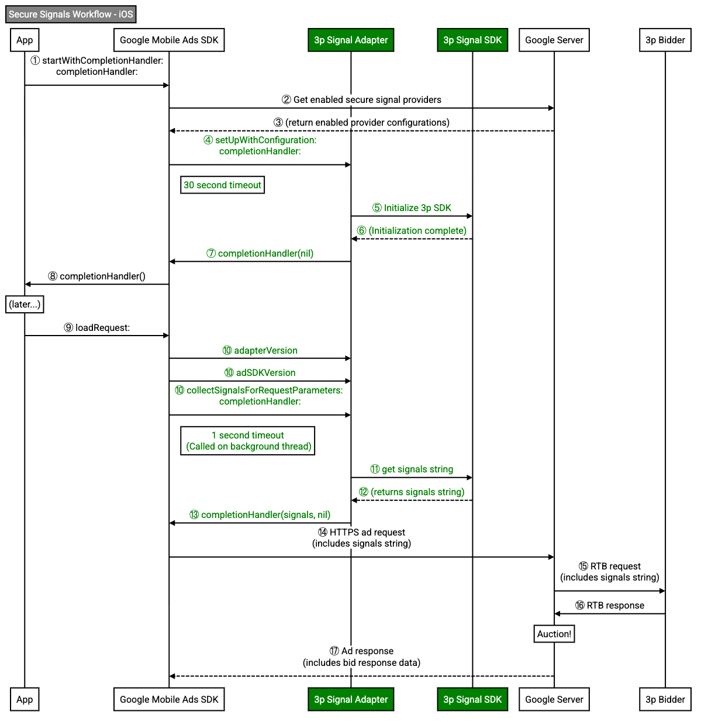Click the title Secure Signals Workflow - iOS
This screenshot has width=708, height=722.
[71, 15]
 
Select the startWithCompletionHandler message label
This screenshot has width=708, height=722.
[97, 66]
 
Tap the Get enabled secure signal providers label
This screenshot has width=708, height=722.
[362, 100]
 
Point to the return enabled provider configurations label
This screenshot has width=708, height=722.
[362, 123]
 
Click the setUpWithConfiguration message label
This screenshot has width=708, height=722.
[260, 146]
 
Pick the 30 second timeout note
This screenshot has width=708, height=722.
[223, 185]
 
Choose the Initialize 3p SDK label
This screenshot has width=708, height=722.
[412, 208]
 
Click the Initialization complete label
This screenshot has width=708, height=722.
[412, 231]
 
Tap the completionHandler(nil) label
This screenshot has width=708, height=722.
[260, 254]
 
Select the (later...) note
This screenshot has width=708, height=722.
[25, 305]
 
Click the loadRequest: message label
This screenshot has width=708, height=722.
[97, 328]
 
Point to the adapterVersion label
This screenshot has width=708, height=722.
[260, 351]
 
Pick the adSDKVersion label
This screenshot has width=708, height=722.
[260, 373]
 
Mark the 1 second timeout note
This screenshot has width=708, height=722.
[248, 441]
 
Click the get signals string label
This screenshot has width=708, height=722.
[412, 469]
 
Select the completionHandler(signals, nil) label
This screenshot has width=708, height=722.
[260, 515]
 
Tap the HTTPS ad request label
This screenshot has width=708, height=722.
[362, 538]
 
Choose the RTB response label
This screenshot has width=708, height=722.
[610, 606]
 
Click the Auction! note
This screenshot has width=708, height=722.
[554, 634]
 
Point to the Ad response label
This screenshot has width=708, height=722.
[362, 657]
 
